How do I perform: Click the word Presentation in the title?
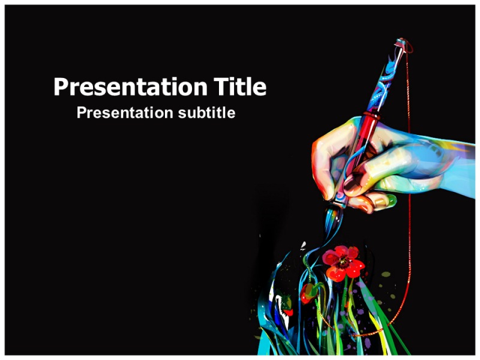(x=131, y=87)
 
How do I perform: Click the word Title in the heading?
(x=240, y=86)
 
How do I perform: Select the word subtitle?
(x=206, y=113)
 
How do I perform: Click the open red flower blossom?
(x=343, y=263)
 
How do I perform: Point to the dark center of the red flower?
(x=342, y=262)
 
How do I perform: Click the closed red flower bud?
(x=307, y=293)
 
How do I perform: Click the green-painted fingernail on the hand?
(x=391, y=200)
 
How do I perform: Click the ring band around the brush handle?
(x=372, y=115)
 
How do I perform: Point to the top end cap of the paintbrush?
(x=400, y=43)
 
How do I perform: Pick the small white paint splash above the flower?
(x=303, y=245)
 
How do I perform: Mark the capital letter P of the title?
(x=61, y=86)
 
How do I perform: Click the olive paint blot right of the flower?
(x=385, y=274)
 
